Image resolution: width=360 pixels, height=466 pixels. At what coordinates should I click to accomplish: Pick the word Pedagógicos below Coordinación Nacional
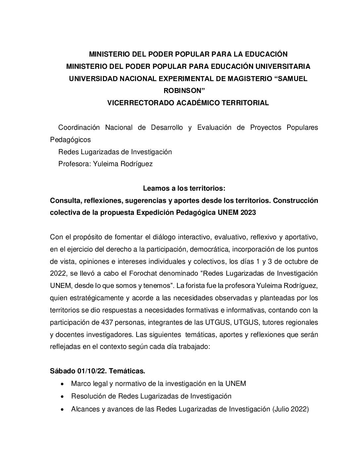tap(70, 140)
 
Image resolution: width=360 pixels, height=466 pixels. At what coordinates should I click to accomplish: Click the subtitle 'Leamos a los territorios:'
tap(184, 188)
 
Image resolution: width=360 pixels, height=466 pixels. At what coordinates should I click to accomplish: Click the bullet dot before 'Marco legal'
tap(63, 384)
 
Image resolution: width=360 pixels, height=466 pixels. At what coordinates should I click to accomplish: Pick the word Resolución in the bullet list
tap(87, 396)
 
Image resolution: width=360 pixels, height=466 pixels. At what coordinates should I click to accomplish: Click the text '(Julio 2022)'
tap(291, 409)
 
